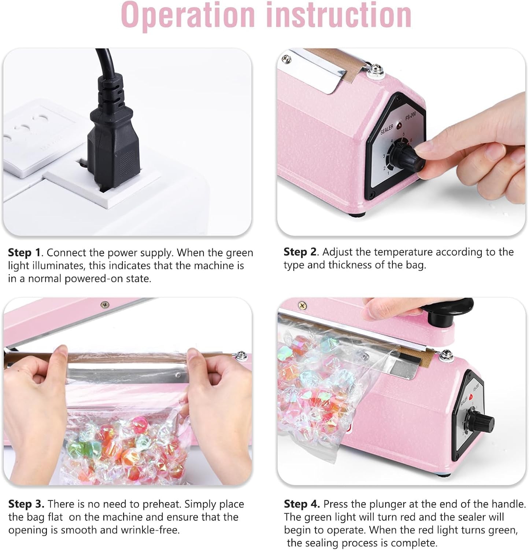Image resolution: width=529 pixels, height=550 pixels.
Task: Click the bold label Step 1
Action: click(x=24, y=253)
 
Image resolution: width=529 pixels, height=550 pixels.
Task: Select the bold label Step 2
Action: click(x=300, y=252)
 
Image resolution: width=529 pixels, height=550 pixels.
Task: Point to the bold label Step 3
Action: click(x=26, y=504)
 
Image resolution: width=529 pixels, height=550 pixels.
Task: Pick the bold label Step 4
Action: click(x=302, y=504)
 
